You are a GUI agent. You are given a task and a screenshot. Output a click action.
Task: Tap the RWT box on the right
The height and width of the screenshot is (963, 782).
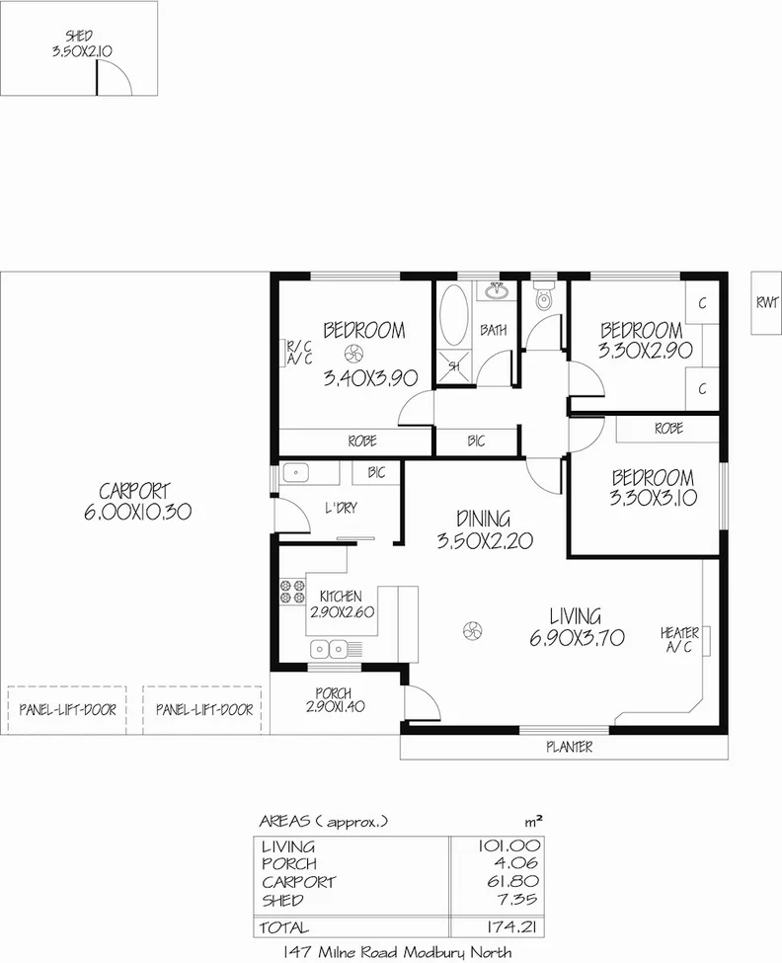pyautogui.click(x=765, y=303)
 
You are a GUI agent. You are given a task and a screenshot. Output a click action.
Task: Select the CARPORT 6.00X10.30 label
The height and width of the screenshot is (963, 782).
pyautogui.click(x=135, y=502)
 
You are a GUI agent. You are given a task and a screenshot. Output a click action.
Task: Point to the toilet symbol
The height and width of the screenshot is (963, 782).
pyautogui.click(x=543, y=299)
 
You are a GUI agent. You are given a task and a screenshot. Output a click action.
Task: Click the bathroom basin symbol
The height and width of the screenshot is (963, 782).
pyautogui.click(x=497, y=291)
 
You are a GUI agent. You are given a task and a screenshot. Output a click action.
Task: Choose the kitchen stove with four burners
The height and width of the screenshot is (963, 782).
pyautogui.click(x=291, y=590)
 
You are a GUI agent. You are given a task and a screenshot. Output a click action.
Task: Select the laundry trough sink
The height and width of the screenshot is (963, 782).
pyautogui.click(x=297, y=473)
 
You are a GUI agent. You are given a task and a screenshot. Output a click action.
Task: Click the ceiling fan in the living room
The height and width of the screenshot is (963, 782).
pyautogui.click(x=472, y=629)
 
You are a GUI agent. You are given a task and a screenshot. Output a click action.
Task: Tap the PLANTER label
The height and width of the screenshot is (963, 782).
pyautogui.click(x=570, y=748)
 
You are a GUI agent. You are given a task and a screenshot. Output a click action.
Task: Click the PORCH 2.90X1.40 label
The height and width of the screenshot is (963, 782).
pyautogui.click(x=335, y=699)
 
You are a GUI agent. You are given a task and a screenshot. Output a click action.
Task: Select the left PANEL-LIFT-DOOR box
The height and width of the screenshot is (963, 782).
pyautogui.click(x=66, y=709)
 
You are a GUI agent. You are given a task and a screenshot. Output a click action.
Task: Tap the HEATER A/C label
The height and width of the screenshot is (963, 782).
pyautogui.click(x=680, y=640)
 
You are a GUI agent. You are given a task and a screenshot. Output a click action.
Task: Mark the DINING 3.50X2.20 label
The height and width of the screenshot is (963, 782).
pyautogui.click(x=484, y=528)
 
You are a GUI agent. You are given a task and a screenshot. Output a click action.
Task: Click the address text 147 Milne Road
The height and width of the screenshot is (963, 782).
pyautogui.click(x=397, y=952)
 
